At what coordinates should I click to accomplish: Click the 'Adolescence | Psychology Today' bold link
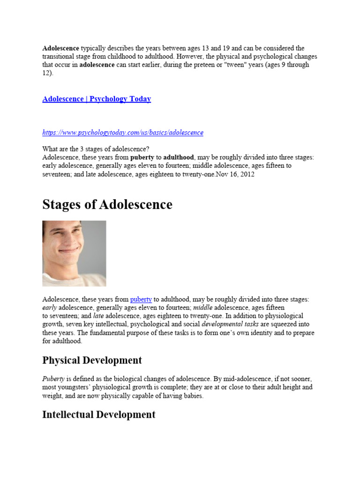click(97, 99)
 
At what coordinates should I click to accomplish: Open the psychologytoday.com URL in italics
click(123, 133)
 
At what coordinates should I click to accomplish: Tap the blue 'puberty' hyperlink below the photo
click(141, 299)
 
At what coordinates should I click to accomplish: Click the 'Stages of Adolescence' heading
click(107, 205)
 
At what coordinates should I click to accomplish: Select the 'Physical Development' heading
click(92, 360)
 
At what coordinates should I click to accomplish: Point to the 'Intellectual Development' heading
click(98, 414)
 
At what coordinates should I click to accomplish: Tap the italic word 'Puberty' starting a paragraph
click(53, 379)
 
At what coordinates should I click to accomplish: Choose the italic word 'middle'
click(203, 307)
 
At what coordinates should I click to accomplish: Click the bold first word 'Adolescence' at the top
click(61, 48)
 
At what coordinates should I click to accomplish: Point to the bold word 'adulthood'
click(179, 157)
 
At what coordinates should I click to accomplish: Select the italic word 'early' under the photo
click(50, 307)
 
